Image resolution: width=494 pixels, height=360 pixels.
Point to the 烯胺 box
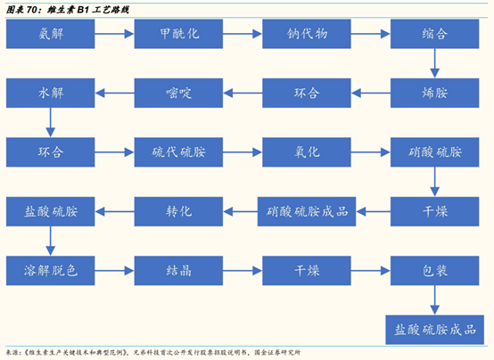click(x=433, y=93)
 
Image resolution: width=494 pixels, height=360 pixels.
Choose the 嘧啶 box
click(x=177, y=93)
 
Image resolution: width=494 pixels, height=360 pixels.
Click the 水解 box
click(x=50, y=93)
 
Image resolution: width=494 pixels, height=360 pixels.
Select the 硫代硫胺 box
click(x=177, y=151)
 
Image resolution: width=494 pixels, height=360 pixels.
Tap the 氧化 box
click(x=306, y=151)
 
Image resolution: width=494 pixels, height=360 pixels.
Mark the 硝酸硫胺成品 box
click(x=306, y=211)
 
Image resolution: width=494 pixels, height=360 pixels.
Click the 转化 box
click(x=177, y=211)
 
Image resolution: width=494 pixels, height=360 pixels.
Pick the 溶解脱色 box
click(x=50, y=270)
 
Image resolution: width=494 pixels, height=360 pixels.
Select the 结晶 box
click(x=177, y=270)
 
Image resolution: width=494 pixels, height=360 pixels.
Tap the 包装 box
click(x=433, y=270)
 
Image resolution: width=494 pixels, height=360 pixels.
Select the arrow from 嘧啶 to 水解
click(x=113, y=93)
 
